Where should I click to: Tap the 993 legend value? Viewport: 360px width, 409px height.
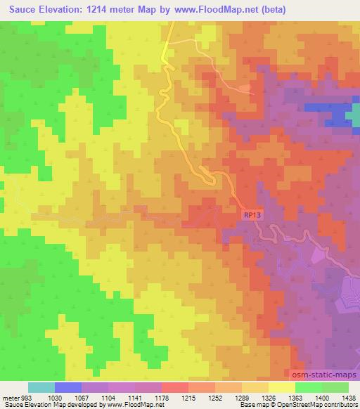(26, 398)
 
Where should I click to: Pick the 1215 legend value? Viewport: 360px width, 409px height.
(188, 398)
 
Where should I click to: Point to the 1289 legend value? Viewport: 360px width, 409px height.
(242, 398)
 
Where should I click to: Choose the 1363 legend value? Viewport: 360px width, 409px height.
(295, 398)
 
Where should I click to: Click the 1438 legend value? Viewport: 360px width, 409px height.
(347, 398)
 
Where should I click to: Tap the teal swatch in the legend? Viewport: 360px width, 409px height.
(41, 387)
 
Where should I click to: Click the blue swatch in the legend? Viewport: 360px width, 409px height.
(68, 387)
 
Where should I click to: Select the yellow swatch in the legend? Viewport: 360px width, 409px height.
(281, 387)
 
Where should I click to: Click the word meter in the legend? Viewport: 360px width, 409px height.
(9, 398)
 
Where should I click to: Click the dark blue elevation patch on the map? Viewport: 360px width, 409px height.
(337, 116)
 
